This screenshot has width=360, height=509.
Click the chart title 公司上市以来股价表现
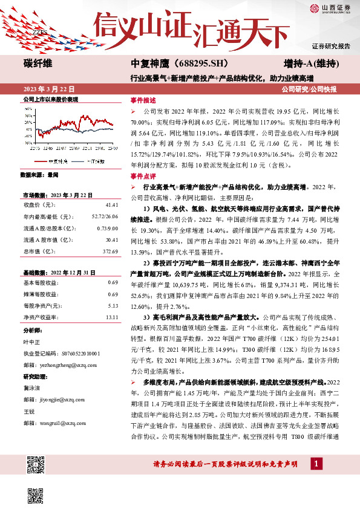tap(50, 99)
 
